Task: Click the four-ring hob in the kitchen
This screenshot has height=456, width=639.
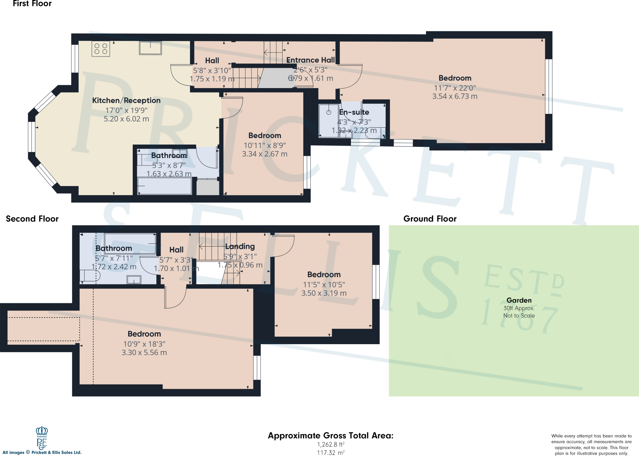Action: click(101, 49)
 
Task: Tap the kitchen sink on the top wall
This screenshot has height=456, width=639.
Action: click(150, 48)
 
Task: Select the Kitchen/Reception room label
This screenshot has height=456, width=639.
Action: click(126, 101)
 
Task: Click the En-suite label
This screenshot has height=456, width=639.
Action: click(354, 112)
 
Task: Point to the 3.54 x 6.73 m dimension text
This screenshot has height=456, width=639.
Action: click(455, 97)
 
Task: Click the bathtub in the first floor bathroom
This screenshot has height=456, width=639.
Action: click(164, 186)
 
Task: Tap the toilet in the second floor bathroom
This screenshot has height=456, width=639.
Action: click(90, 276)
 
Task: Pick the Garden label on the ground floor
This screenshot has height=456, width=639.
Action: click(519, 300)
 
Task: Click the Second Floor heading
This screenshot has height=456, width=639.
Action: click(32, 219)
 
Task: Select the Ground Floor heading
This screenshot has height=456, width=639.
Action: click(430, 219)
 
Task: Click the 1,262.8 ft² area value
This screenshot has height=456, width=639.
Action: click(331, 444)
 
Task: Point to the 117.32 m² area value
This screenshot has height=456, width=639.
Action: click(331, 453)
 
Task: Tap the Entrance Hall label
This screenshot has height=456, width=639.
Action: click(310, 60)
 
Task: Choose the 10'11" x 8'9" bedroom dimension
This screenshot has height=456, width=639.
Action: click(265, 146)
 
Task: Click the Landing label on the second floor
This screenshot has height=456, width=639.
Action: click(240, 246)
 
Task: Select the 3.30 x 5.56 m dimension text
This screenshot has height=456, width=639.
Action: click(144, 353)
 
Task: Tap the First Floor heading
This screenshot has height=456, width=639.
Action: click(32, 4)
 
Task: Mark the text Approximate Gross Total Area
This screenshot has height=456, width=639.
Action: click(331, 436)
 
